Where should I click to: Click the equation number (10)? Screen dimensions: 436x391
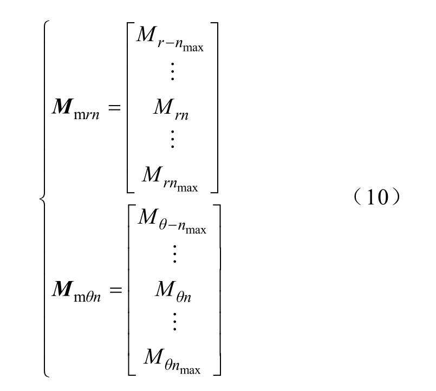[377, 197]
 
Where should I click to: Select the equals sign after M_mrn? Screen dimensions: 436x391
[114, 107]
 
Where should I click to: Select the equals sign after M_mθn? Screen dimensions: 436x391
[116, 290]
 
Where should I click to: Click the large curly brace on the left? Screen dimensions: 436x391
[44, 199]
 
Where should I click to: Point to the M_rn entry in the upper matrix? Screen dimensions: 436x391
[171, 109]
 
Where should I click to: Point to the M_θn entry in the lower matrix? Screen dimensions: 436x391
[173, 291]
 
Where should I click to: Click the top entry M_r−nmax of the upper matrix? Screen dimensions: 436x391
[170, 39]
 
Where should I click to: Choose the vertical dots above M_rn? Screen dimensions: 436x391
[172, 71]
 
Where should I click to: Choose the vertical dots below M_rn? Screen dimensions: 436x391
[172, 139]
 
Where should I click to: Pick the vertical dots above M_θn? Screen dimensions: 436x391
[174, 254]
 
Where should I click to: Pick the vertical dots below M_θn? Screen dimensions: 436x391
[174, 322]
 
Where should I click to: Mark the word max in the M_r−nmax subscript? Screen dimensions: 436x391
[193, 48]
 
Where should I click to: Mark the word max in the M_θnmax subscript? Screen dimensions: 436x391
[190, 370]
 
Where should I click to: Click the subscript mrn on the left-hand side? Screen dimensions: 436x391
[87, 115]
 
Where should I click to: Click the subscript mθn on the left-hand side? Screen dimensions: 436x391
[87, 297]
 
